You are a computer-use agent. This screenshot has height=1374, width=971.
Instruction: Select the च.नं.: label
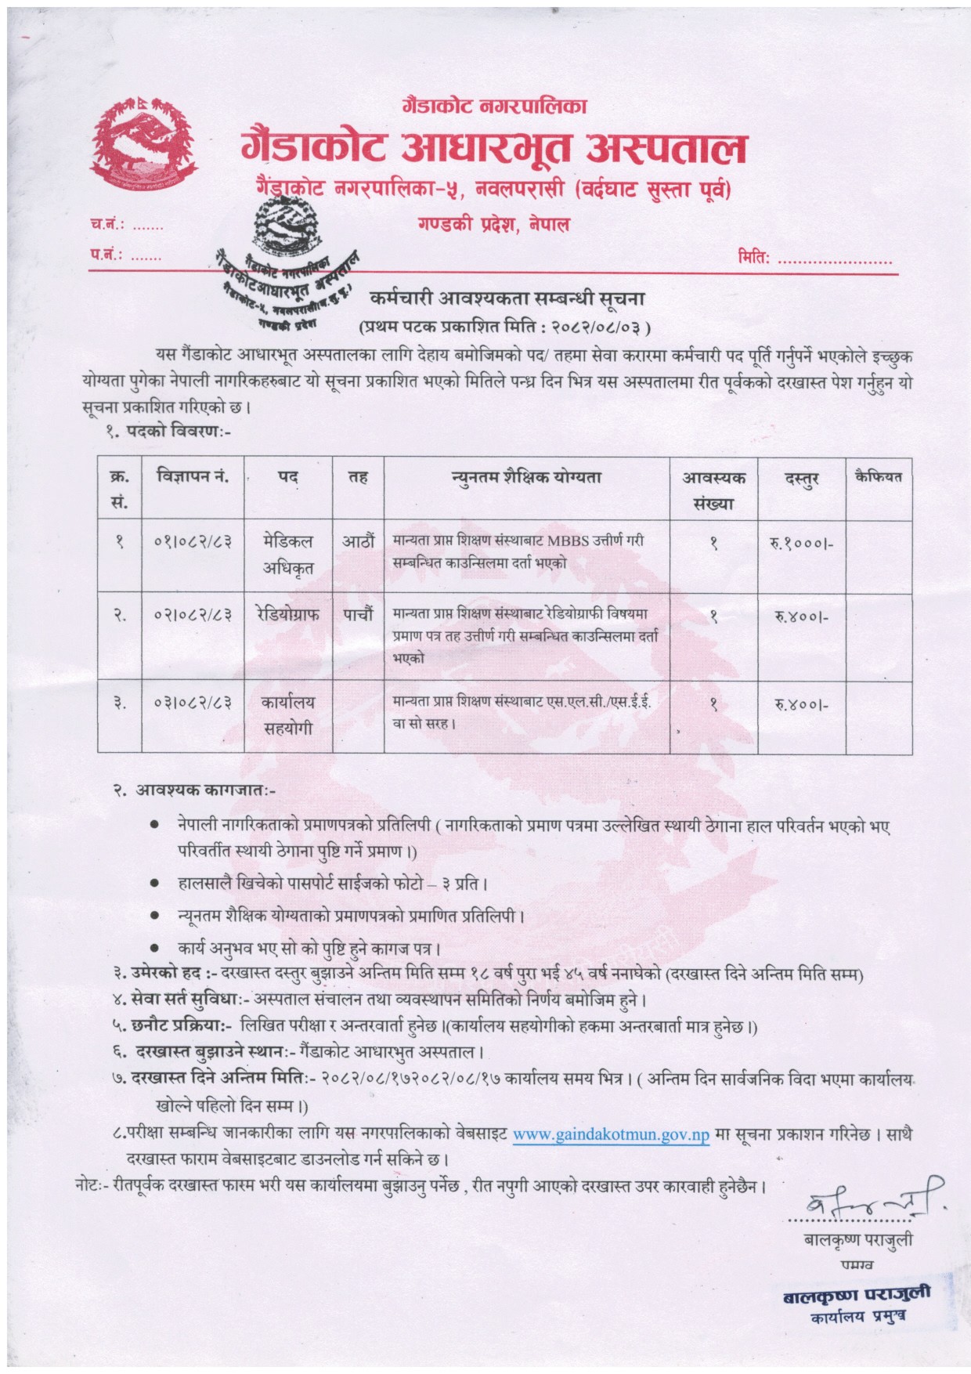pyautogui.click(x=106, y=226)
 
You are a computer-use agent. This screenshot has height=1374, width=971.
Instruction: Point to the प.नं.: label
pyautogui.click(x=106, y=255)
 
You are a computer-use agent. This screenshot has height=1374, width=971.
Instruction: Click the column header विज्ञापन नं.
pyautogui.click(x=192, y=476)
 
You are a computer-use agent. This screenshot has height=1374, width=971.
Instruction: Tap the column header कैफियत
pyautogui.click(x=879, y=476)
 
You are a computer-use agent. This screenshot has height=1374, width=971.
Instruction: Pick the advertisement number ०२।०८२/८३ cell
pyautogui.click(x=192, y=616)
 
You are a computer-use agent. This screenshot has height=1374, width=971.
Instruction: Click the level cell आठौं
pyautogui.click(x=358, y=541)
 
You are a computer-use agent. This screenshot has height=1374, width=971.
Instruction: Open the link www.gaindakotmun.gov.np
pyautogui.click(x=611, y=1134)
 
